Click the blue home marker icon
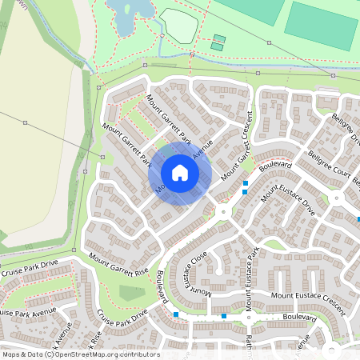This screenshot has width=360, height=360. coord(180,173)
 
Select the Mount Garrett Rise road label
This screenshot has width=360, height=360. coord(119,264)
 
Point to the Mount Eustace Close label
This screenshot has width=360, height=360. coord(197,270)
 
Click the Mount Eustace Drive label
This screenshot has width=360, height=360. coord(288,201)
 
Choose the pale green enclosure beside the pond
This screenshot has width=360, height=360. coord(178,25)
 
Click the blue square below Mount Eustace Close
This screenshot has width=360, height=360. coord(175,314)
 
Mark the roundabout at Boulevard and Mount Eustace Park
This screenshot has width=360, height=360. coord(222,211)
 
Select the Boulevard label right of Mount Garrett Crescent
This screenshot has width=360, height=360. coord(274,165)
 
